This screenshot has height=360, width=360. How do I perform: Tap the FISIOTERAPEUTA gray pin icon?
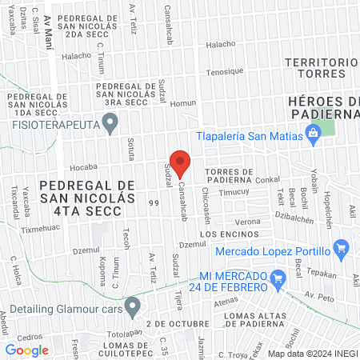(111, 122)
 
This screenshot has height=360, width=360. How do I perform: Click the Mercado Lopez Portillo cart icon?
(342, 247)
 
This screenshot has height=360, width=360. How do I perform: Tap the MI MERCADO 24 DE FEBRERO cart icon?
(278, 279)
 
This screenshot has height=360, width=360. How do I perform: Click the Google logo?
(26, 350)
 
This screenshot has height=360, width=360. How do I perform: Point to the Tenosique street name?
(224, 71)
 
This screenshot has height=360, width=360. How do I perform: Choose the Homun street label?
(182, 102)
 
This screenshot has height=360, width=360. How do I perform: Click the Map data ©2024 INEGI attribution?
(311, 353)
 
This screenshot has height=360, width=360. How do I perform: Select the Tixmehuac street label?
(40, 229)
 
